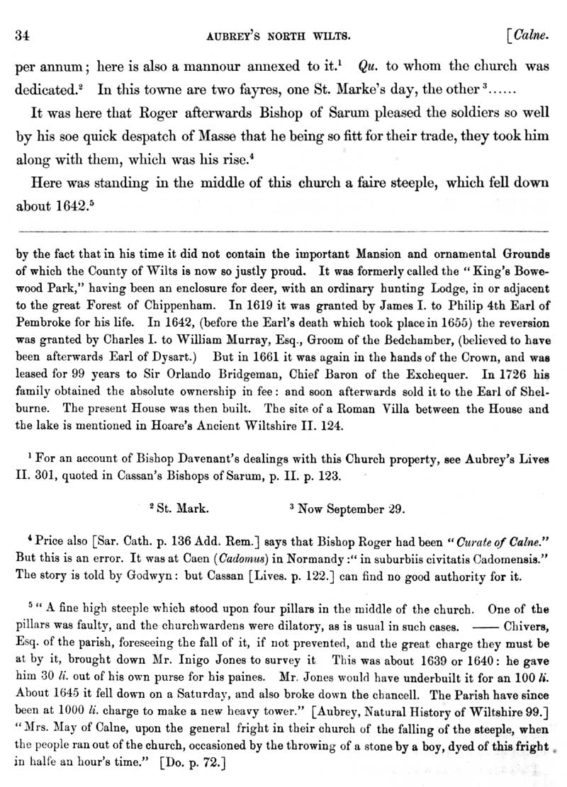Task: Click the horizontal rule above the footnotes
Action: [283, 232]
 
